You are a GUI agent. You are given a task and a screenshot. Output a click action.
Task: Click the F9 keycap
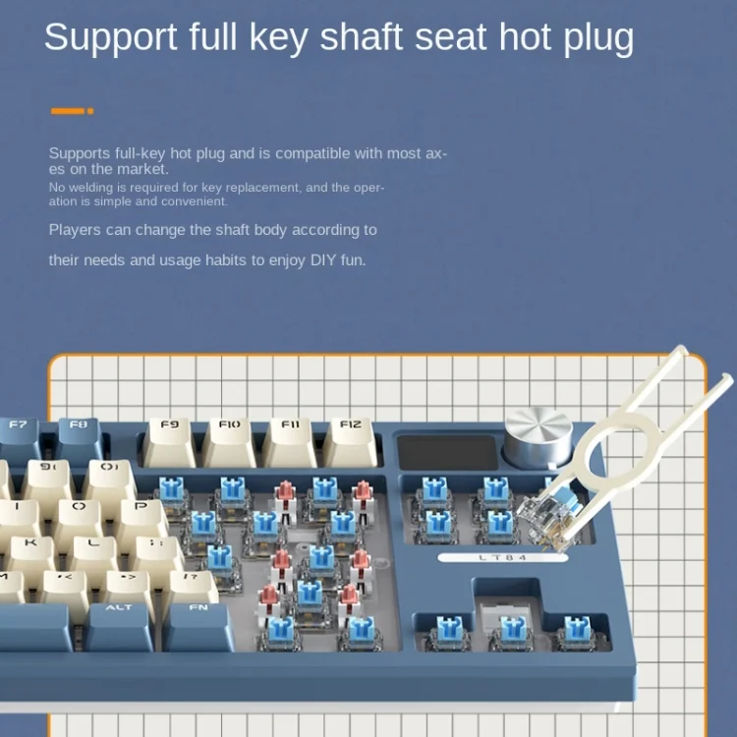(169, 442)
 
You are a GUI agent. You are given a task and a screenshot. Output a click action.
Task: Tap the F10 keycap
(229, 442)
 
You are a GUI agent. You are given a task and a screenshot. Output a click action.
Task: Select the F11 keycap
(290, 442)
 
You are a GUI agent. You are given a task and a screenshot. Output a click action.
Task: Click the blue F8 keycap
(79, 439)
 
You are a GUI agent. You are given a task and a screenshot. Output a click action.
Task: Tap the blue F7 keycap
(19, 439)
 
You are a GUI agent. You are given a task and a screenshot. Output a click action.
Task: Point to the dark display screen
(447, 452)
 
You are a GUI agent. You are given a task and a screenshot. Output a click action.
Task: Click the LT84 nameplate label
(502, 558)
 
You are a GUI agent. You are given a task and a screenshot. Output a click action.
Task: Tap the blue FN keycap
(198, 627)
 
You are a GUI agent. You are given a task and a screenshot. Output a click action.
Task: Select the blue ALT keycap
(119, 627)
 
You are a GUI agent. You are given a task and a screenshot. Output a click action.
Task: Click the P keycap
(141, 517)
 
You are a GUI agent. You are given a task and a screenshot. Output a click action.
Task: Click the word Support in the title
(110, 37)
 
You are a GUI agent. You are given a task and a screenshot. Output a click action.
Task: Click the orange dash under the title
(72, 111)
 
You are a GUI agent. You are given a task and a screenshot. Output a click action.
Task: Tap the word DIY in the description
(323, 260)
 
